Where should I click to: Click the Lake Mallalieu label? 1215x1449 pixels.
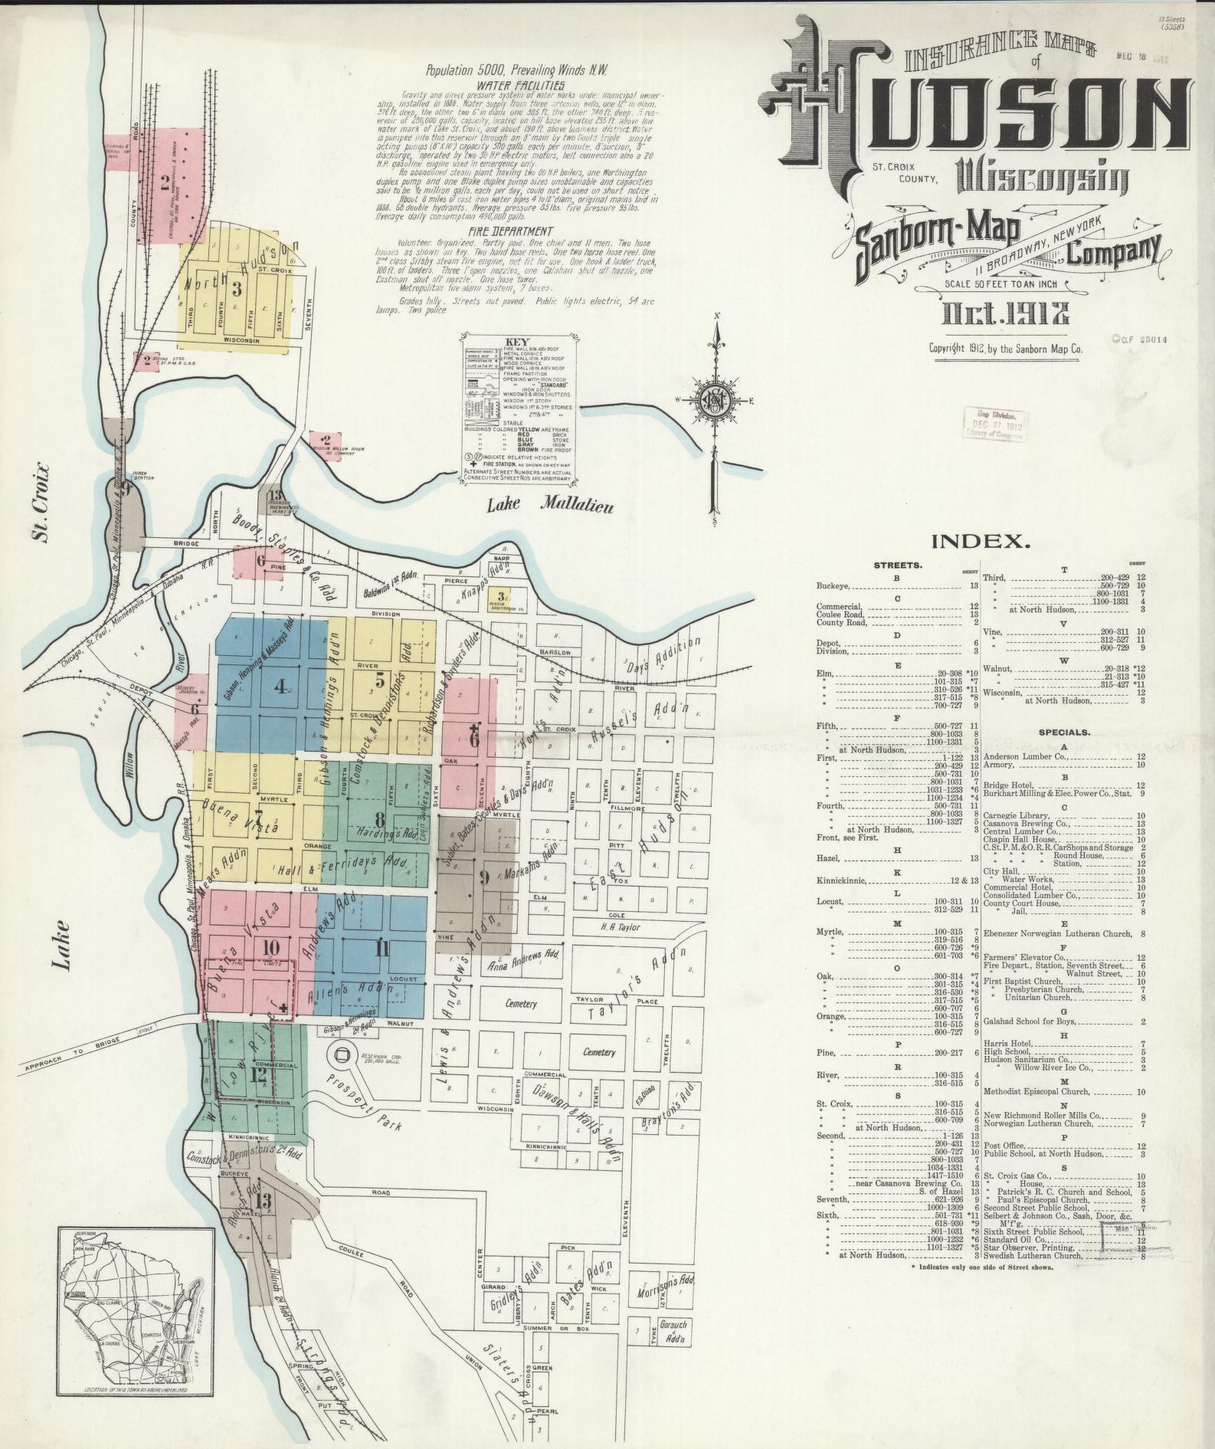(550, 503)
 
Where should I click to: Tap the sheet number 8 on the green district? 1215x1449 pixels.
(378, 815)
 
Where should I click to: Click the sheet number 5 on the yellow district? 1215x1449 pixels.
(379, 678)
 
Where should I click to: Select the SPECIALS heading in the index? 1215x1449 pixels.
(1063, 732)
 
